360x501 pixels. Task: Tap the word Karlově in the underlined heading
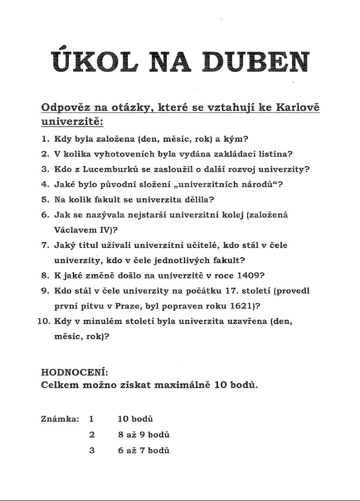[298, 107]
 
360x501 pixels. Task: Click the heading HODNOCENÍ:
[75, 372]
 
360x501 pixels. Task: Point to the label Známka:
[60, 419]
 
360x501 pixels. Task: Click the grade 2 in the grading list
[91, 435]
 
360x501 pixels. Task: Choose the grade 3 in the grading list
[91, 450]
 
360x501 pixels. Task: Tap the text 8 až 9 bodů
[144, 435]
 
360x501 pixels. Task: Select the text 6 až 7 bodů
[144, 450]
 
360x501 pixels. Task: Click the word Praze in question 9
[128, 304]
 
